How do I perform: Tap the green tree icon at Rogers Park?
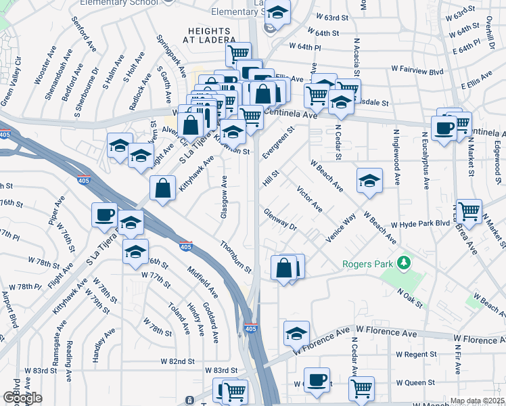405,262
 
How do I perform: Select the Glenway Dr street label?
281,219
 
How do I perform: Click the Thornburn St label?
235,258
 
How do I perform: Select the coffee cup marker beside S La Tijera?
104,215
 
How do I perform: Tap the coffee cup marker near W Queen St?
316,380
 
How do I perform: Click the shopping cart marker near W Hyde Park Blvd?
468,210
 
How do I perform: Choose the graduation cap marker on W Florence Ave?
296,333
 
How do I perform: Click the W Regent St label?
417,354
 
